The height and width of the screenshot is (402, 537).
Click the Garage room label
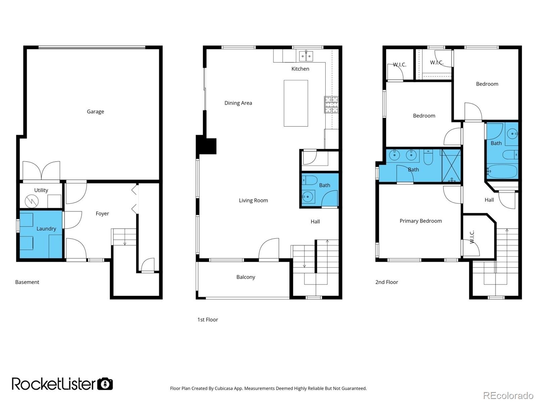pos(95,112)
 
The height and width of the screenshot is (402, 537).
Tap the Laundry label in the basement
pos(46,229)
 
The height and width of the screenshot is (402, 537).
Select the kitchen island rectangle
pos(296,103)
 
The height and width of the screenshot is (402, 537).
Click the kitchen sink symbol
pos(306,56)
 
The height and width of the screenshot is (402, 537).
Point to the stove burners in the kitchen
pos(331,104)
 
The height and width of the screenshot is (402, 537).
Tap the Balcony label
pos(245,277)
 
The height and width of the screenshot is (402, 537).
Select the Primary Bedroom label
pos(421,221)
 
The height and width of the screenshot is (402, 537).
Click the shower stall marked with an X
pos(451,166)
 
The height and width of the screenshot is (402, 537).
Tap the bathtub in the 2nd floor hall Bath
pos(502,172)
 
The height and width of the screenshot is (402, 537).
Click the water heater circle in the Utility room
pos(32,201)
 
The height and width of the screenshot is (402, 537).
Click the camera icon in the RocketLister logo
pos(105,384)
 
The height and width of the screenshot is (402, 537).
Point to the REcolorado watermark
pos(508,395)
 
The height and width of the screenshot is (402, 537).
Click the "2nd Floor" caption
pos(386,282)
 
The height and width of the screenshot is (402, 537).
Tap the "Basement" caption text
pos(27,282)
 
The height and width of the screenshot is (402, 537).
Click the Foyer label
pos(102,214)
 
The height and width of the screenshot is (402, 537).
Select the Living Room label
pos(253,200)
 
